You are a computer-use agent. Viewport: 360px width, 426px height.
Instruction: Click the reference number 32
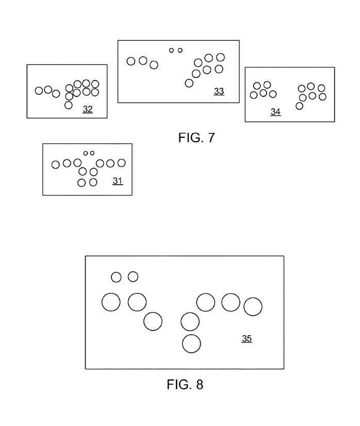click(88, 109)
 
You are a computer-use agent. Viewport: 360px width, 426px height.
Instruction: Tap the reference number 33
click(219, 92)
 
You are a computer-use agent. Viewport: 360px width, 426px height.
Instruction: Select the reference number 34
click(275, 112)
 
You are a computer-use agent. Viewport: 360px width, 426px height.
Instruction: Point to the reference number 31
click(118, 181)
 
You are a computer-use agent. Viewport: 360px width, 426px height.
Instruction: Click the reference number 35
click(247, 339)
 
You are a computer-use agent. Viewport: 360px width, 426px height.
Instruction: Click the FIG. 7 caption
click(196, 138)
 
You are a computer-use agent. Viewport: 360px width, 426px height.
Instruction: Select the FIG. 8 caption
click(185, 385)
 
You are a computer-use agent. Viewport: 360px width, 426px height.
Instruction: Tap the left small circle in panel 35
click(117, 277)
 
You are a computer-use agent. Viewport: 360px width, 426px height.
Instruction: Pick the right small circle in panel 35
click(133, 277)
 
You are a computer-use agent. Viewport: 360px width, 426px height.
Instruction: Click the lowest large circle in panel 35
click(191, 343)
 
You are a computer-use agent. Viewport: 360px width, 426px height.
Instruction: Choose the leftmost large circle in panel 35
click(111, 302)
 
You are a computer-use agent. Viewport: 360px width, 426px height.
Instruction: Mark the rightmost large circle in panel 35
click(253, 306)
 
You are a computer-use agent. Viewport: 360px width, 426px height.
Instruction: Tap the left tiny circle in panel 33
click(172, 50)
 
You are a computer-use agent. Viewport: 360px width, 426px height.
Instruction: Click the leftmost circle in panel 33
click(131, 61)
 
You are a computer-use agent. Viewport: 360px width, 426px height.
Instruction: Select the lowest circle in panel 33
click(189, 83)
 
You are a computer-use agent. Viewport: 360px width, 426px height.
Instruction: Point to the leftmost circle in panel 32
click(39, 91)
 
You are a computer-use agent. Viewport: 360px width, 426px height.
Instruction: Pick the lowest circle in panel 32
click(69, 105)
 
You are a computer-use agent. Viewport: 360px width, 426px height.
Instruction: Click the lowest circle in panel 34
click(299, 106)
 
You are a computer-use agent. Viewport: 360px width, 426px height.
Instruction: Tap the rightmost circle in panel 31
click(122, 163)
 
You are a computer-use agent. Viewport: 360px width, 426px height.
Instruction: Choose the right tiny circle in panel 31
click(92, 153)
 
